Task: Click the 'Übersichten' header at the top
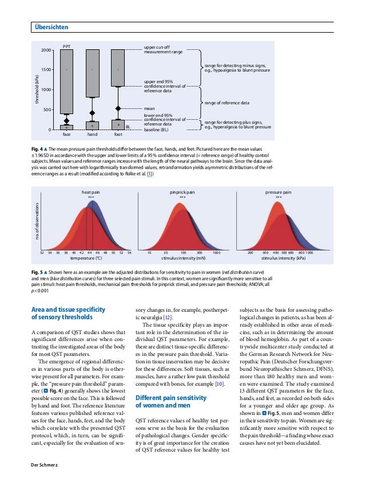tap(51, 27)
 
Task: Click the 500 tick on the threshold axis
tap(47, 109)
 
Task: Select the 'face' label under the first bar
tap(67, 135)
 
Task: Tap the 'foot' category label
tap(118, 135)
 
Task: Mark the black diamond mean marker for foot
tap(118, 108)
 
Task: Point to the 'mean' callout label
tap(150, 108)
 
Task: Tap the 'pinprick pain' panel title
tap(182, 193)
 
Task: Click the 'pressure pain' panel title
tap(278, 193)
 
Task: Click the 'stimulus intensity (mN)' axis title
tap(182, 258)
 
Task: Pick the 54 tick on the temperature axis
tap(129, 252)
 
